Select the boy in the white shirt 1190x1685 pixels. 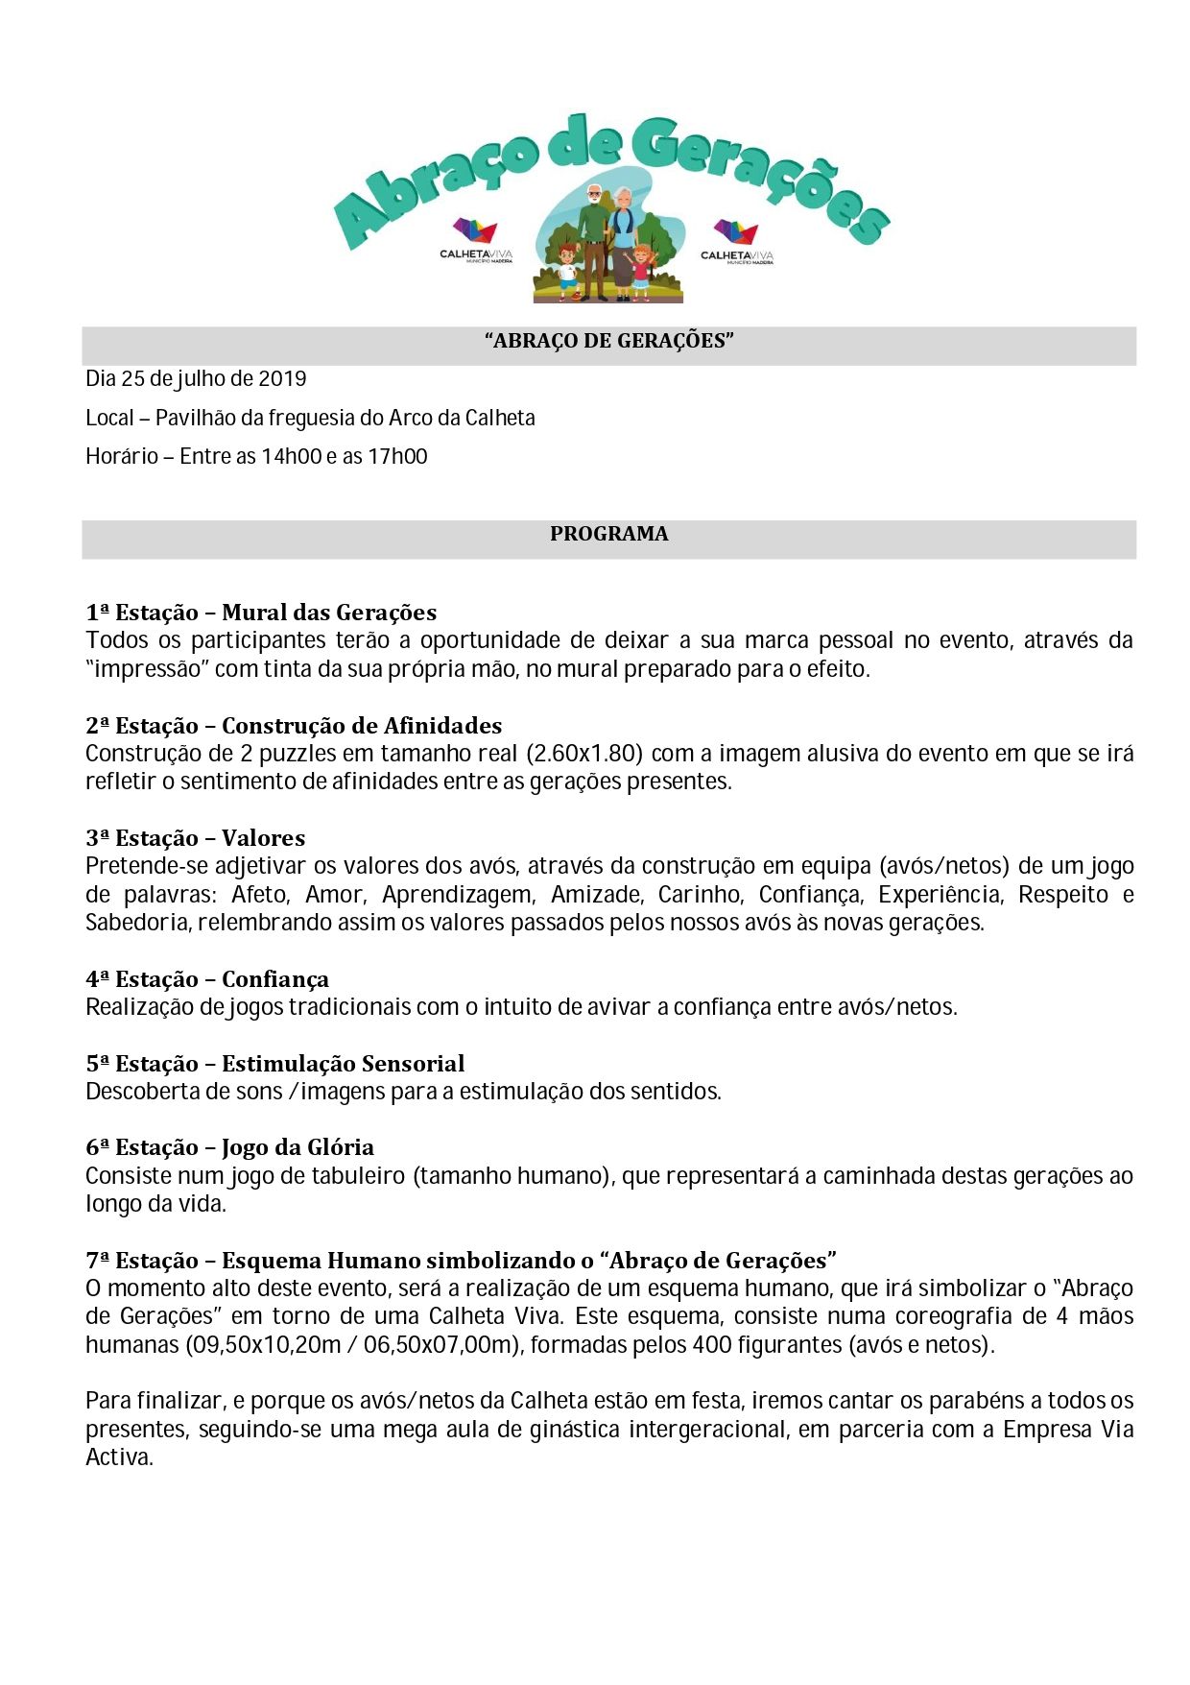point(567,272)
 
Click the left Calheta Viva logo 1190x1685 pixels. point(476,240)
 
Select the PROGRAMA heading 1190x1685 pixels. point(608,534)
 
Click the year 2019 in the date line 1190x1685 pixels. point(282,378)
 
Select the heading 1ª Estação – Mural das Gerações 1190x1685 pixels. point(261,613)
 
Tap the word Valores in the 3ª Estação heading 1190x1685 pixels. point(263,838)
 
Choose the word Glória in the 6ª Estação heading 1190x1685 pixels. point(341,1147)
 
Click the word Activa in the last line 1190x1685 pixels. point(119,1457)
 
